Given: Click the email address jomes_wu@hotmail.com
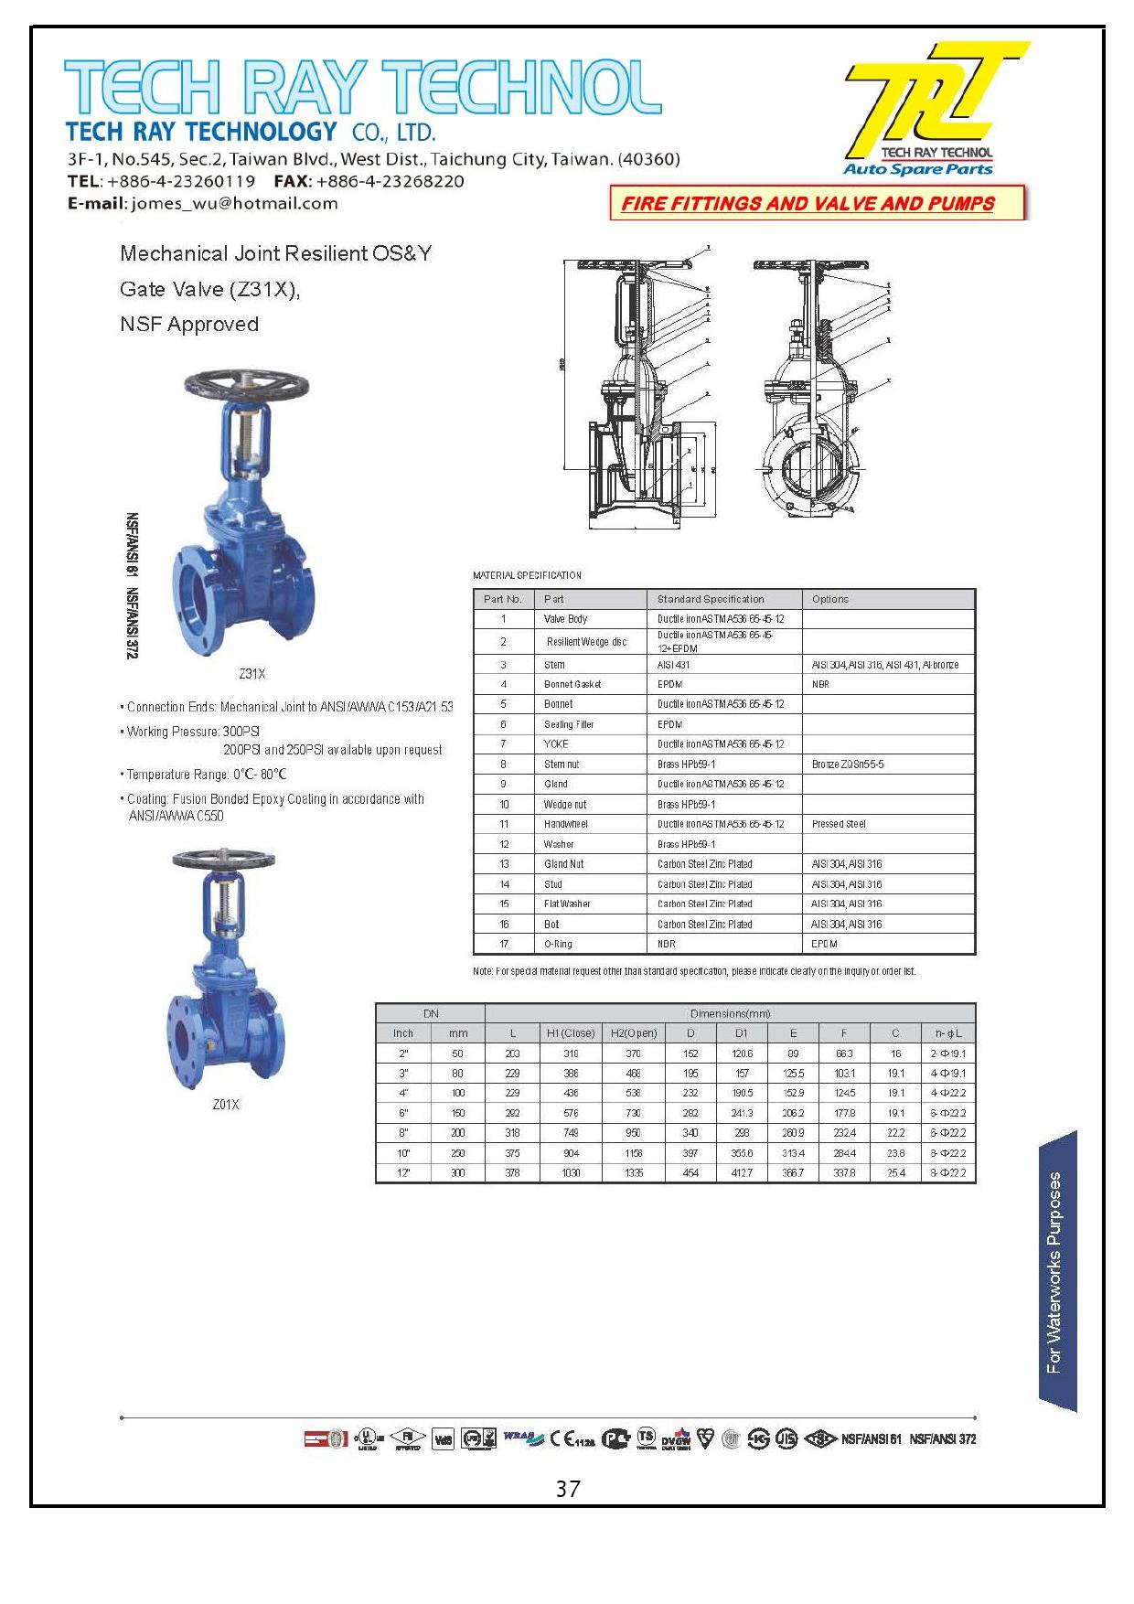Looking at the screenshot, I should point(235,204).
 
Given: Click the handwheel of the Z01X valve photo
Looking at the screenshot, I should point(223,860).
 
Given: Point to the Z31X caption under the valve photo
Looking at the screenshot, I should point(251,674).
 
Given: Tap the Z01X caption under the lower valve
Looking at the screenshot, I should point(226,1105).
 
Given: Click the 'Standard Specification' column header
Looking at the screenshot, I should point(711,599).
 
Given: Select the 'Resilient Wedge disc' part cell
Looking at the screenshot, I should point(586,642).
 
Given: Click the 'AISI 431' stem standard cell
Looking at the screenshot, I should point(674,665).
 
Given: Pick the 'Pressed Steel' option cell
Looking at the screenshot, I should point(839,824).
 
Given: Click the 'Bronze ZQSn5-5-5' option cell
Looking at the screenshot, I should point(848,764).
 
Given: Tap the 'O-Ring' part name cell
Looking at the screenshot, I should point(558,944).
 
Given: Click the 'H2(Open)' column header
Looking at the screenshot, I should point(634,1033).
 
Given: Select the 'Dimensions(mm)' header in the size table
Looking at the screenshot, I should point(730,1013).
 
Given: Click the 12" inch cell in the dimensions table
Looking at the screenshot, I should point(403,1172).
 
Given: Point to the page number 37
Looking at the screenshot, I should point(567,1490).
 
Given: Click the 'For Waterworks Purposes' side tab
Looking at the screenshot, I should point(1057,1272).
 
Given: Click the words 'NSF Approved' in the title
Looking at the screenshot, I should point(189,325).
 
